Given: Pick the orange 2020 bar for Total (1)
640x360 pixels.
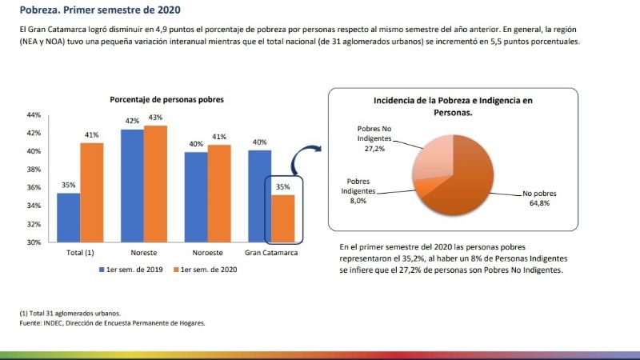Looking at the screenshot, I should (92, 192).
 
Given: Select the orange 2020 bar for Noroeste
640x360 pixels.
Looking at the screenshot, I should (219, 193).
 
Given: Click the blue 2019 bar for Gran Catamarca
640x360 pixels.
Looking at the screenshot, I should (260, 196).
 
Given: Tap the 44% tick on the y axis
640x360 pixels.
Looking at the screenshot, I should (34, 114).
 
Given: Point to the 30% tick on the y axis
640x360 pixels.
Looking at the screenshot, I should (34, 242).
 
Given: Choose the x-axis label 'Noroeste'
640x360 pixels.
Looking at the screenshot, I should (207, 254).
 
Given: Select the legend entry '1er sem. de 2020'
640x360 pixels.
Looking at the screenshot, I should (208, 270).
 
